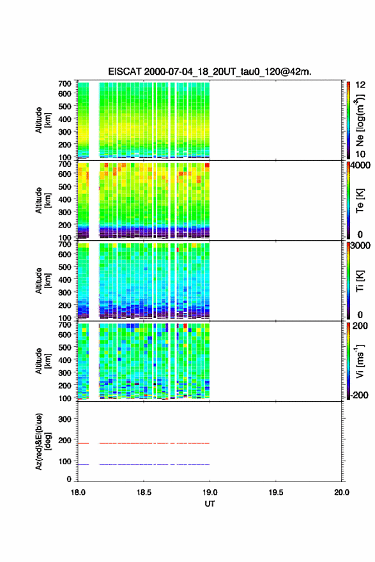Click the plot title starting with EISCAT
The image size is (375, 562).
tap(210, 72)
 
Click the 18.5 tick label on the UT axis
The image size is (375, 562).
tap(144, 492)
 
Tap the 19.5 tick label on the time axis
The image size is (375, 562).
tap(276, 492)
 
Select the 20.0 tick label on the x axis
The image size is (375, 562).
tap(342, 492)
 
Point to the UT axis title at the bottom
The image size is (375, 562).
tap(210, 504)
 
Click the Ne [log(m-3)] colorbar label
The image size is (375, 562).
tap(360, 121)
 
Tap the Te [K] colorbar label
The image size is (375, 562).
tap(360, 201)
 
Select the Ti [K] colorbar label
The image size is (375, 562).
tap(360, 280)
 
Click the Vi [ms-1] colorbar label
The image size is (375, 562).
tap(360, 361)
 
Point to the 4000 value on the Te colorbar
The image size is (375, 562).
tap(361, 165)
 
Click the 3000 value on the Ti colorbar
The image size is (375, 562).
tap(361, 245)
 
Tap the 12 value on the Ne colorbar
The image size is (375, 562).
tap(360, 85)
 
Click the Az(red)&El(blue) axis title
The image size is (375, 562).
tap(43, 441)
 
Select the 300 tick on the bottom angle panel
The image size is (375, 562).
tap(65, 419)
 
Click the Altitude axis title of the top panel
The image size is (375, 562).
tap(43, 121)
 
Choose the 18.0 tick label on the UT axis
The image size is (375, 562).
tap(78, 492)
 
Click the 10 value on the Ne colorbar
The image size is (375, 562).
tap(360, 154)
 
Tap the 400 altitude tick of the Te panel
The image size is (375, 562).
tap(65, 199)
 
